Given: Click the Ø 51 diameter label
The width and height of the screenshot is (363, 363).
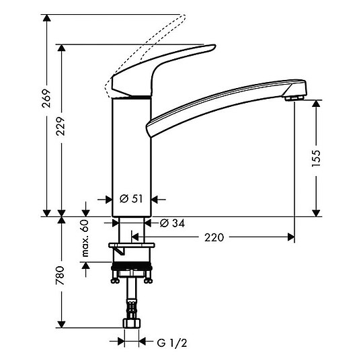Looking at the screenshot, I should coord(132,199).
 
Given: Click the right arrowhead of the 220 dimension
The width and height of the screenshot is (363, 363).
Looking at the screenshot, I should coord(291,237).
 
